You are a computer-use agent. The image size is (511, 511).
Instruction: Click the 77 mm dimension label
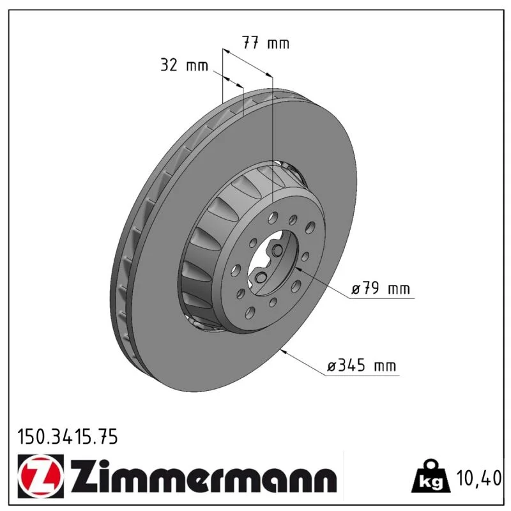[265, 43]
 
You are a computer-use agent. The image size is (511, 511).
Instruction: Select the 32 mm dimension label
[184, 65]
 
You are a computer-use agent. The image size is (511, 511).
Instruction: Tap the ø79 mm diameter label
[380, 289]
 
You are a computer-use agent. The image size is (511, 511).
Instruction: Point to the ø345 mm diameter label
[362, 365]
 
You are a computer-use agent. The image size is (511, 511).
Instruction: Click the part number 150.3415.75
[68, 437]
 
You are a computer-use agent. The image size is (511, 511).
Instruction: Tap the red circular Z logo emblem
[41, 477]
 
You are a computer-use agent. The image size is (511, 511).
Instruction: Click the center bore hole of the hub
[273, 263]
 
